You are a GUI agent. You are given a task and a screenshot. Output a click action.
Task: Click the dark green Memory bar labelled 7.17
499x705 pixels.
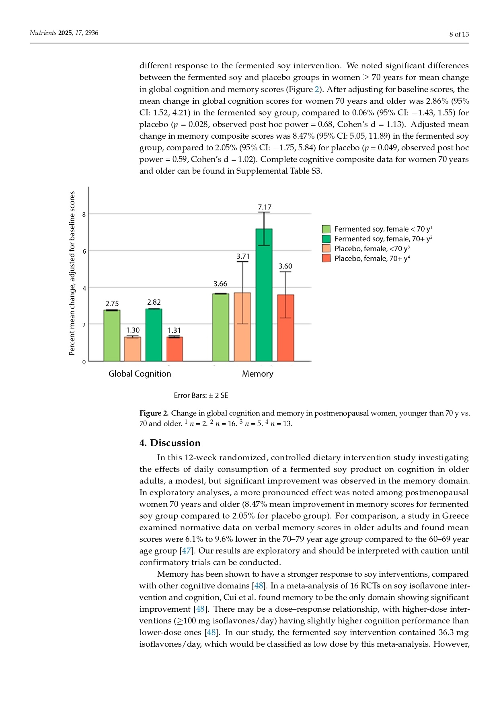click(x=264, y=295)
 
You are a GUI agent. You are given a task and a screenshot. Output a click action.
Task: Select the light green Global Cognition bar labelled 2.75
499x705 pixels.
click(x=112, y=336)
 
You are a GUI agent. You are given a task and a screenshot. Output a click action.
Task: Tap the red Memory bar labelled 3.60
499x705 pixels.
click(x=285, y=328)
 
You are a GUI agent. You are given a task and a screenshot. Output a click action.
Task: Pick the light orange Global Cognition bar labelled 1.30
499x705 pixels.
click(x=133, y=349)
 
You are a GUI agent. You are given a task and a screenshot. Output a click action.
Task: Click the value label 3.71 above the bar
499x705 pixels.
click(x=243, y=256)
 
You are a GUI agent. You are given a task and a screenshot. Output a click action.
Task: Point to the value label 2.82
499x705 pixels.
click(x=154, y=302)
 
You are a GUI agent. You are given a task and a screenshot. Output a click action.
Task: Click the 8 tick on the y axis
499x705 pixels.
click(x=84, y=215)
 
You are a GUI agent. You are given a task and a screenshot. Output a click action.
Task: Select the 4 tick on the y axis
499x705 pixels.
click(x=84, y=288)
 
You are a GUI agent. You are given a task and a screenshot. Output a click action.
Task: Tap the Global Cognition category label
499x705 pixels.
click(x=140, y=374)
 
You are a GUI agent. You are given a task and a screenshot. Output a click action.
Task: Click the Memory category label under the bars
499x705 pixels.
click(x=257, y=374)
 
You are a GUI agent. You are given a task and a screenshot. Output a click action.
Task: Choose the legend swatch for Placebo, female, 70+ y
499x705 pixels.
click(x=326, y=258)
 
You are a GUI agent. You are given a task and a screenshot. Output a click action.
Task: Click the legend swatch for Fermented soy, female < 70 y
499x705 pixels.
click(x=326, y=229)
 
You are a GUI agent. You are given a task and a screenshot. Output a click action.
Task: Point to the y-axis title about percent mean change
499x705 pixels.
click(x=72, y=273)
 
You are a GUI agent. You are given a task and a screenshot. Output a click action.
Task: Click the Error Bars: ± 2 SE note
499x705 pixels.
click(x=201, y=396)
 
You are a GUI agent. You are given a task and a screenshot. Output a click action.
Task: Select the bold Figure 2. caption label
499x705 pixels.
click(x=154, y=413)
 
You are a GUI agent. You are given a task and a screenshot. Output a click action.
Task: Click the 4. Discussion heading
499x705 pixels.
click(x=170, y=443)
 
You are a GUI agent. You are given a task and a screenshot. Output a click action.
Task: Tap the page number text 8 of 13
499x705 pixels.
click(x=459, y=34)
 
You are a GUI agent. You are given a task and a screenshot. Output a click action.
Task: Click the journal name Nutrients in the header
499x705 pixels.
click(x=43, y=33)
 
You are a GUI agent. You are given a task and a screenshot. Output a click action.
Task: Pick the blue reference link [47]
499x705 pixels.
click(x=185, y=551)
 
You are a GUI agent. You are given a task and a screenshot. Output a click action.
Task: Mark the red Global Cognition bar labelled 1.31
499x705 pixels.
click(x=175, y=349)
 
